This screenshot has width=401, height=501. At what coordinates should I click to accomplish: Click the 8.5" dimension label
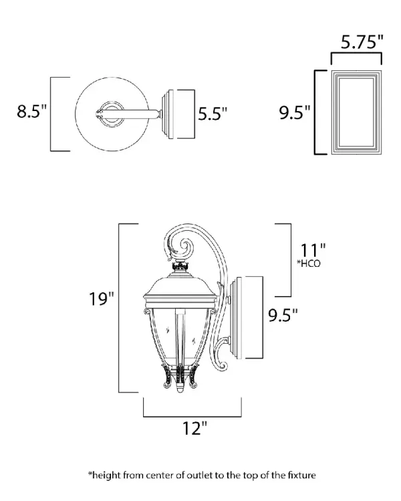coord(31,111)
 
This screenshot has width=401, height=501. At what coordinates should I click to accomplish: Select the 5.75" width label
coord(362,41)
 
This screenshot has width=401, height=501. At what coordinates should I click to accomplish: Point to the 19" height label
coord(101,299)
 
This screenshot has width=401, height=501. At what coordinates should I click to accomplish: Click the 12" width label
coord(194,428)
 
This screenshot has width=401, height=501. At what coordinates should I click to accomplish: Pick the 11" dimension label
coord(313,250)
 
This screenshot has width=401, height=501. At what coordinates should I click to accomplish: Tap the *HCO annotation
coord(308,264)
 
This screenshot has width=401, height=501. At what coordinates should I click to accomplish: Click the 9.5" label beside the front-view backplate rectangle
coord(294,112)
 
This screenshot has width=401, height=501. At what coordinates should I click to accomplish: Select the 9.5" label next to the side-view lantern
coord(283,315)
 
